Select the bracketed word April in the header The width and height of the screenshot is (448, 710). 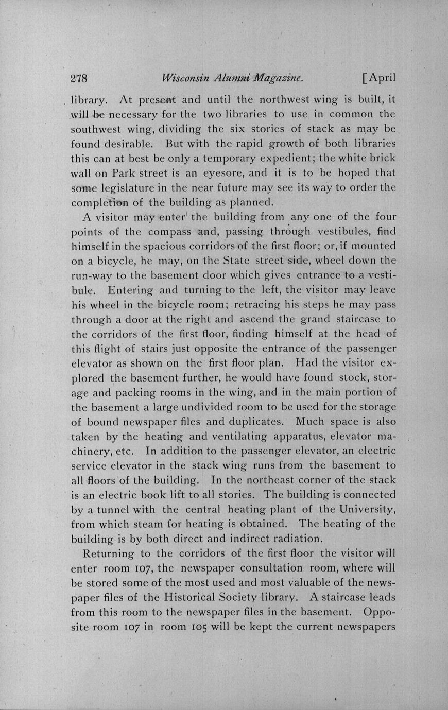(379, 78)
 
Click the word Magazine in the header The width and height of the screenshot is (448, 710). (278, 78)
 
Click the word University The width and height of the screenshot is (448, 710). (365, 510)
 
